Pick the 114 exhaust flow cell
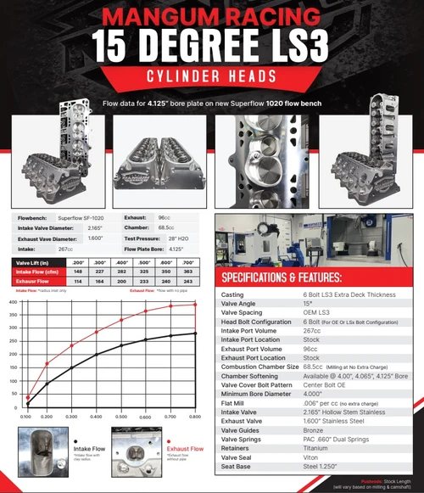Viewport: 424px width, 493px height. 77,281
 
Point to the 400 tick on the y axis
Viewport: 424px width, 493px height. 12,302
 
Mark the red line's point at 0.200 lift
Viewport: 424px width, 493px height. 47,363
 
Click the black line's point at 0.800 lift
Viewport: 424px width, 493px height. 197,333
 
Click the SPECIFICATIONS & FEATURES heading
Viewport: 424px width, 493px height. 282,277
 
